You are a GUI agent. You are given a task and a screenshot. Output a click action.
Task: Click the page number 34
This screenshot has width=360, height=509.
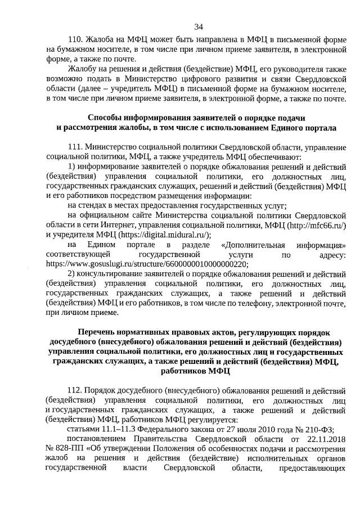pyautogui.click(x=198, y=27)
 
